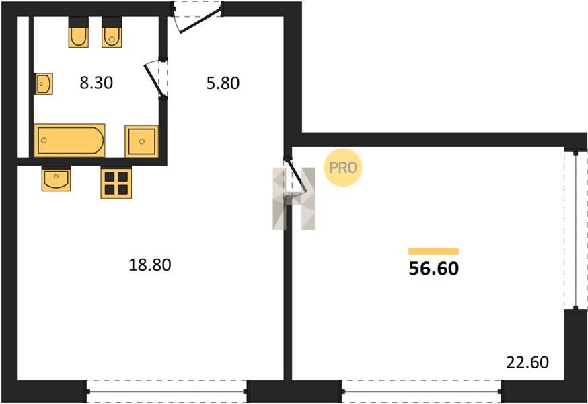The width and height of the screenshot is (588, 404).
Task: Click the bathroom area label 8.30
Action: tap(96, 83)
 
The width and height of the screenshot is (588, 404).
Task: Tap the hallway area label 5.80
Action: tap(223, 83)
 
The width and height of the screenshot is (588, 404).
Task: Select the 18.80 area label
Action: tap(149, 265)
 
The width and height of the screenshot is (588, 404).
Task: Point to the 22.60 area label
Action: tap(527, 362)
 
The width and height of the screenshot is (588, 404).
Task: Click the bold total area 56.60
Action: tap(433, 269)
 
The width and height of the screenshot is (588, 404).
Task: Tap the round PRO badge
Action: tap(342, 168)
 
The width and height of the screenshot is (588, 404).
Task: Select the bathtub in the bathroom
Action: tap(70, 140)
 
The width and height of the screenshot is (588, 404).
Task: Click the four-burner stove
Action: tap(116, 183)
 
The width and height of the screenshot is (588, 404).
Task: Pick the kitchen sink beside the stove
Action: tap(56, 179)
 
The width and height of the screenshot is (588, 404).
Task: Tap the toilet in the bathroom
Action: tap(112, 32)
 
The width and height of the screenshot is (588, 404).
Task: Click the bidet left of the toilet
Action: tap(78, 32)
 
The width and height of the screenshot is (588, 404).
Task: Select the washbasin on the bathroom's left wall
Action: tap(44, 83)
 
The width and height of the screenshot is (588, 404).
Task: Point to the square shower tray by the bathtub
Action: tap(142, 141)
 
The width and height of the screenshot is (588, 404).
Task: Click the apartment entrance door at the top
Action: tap(197, 17)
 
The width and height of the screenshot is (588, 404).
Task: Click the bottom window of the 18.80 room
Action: tap(166, 392)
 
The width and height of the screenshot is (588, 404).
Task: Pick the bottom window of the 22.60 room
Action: tap(422, 392)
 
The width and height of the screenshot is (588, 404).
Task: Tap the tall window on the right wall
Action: tap(576, 230)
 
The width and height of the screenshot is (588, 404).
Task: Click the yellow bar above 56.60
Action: tap(433, 251)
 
